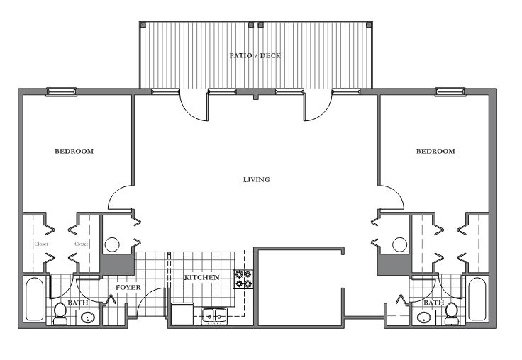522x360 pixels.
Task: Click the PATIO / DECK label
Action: click(x=255, y=55)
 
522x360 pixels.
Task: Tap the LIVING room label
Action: click(x=256, y=180)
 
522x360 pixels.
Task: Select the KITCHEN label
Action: click(x=201, y=277)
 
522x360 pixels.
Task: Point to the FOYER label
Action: click(x=128, y=287)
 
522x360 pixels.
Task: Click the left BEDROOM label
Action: click(x=74, y=151)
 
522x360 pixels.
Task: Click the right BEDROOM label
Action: click(x=435, y=151)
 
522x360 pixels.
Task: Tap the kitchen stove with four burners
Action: click(x=243, y=279)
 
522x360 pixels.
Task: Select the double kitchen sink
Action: click(x=214, y=315)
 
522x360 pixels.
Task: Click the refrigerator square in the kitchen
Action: click(x=182, y=314)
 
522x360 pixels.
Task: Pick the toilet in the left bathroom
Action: click(x=60, y=313)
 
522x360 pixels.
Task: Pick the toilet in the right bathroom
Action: click(x=451, y=313)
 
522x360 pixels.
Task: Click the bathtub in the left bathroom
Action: click(x=35, y=299)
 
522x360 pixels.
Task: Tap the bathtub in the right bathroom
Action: click(x=477, y=299)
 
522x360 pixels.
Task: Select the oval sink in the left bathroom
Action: click(x=88, y=317)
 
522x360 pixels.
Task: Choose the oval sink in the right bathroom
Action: click(x=423, y=317)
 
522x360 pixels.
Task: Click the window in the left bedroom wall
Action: click(x=61, y=91)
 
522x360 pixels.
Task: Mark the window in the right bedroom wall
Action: click(x=450, y=91)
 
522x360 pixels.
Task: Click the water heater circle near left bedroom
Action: click(x=112, y=245)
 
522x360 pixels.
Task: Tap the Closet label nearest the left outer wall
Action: click(x=41, y=244)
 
